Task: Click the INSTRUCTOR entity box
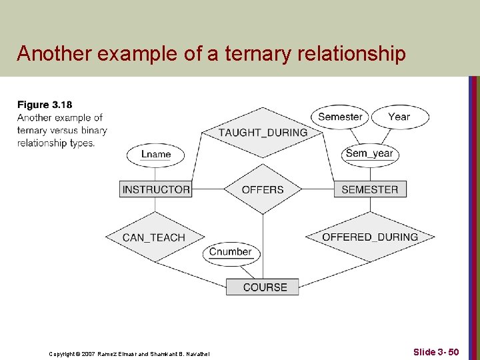(156, 189)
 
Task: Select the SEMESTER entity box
(369, 189)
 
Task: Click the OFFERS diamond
(263, 189)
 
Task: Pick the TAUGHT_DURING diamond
(263, 132)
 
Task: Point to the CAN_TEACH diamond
(154, 237)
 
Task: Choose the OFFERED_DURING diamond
(370, 237)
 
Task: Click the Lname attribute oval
(156, 154)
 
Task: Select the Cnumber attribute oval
(231, 252)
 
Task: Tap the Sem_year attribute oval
(369, 153)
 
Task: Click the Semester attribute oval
(340, 117)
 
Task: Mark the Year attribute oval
(399, 117)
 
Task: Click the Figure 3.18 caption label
(45, 105)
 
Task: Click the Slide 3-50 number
(435, 351)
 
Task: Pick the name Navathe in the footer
(196, 353)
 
